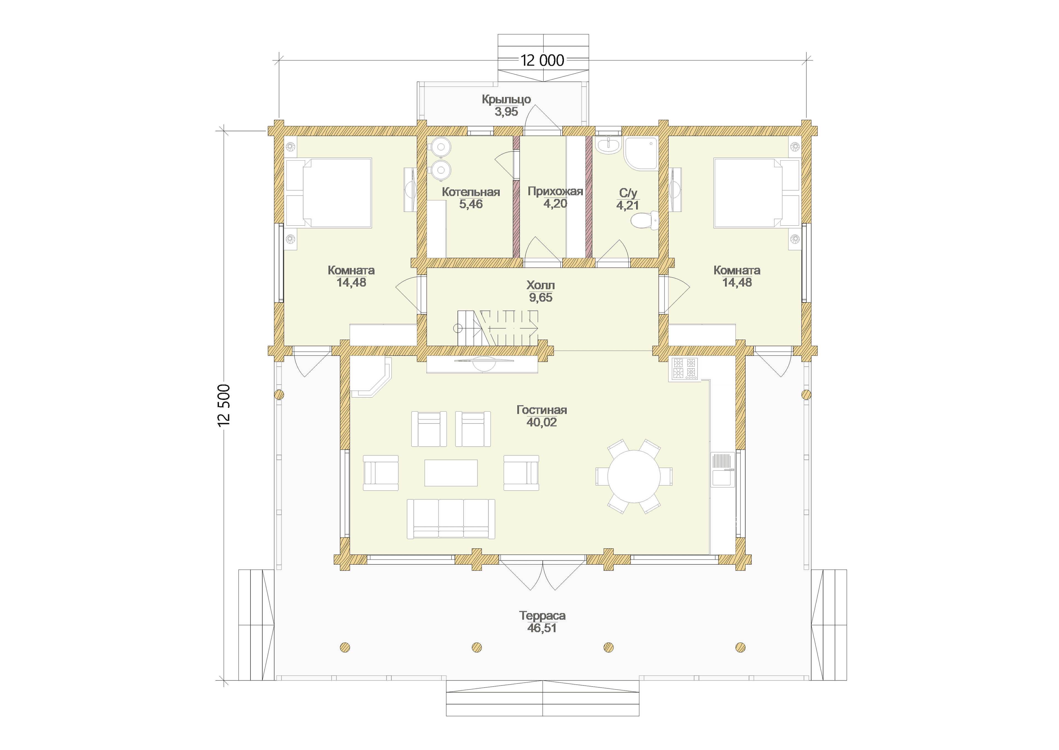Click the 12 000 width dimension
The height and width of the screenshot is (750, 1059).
542,60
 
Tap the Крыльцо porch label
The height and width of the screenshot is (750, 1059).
506,99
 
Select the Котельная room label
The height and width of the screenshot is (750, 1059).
471,192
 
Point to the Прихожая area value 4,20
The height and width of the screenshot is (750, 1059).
555,204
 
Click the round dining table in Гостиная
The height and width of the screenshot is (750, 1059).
634,477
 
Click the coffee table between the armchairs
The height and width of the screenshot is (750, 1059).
451,473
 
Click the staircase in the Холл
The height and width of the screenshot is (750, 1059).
498,328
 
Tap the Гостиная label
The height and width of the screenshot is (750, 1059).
542,410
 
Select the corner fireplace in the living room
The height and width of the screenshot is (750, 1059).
371,377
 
